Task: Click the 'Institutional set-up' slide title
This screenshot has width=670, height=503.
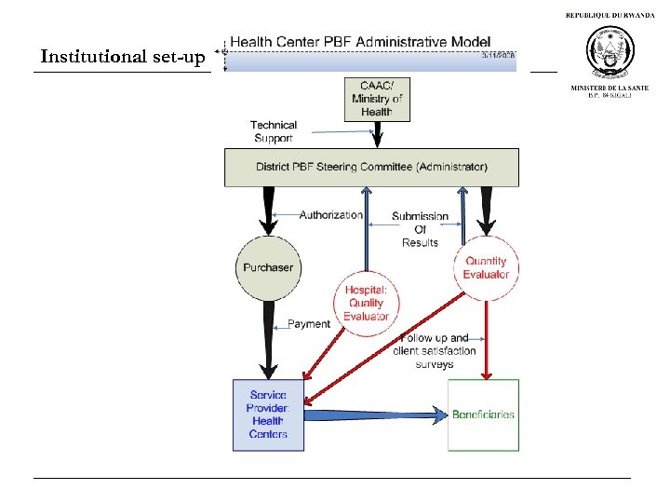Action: tap(123, 58)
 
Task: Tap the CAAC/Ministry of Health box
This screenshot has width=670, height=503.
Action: tap(377, 98)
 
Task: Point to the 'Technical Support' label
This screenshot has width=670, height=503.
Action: tap(274, 131)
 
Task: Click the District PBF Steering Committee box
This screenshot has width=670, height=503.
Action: tap(371, 168)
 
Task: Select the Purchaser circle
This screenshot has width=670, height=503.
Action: tap(268, 268)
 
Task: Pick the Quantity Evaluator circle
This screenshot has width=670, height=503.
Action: tap(486, 268)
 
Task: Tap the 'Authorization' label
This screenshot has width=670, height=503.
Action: tap(330, 215)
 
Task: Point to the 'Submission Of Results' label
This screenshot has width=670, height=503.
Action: tap(420, 229)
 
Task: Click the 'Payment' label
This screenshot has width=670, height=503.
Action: tap(308, 324)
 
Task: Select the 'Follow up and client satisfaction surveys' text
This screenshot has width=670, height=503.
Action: tap(435, 351)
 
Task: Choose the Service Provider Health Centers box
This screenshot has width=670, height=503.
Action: tap(268, 415)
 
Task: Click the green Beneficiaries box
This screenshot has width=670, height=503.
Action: tap(483, 415)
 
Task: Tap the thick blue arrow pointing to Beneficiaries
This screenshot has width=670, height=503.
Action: tap(372, 414)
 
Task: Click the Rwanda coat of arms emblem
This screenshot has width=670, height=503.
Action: tap(610, 52)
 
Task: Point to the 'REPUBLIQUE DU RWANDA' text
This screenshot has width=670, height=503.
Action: tap(610, 16)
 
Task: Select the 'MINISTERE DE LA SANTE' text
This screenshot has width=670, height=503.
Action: tap(610, 88)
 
